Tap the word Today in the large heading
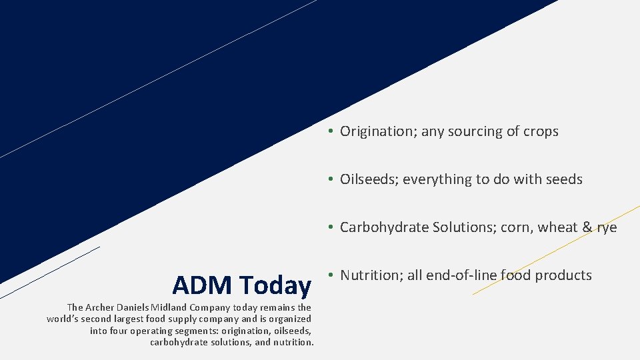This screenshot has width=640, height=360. pos(275,285)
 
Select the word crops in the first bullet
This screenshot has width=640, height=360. pos(540,131)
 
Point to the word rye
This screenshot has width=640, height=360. pos(607,228)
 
